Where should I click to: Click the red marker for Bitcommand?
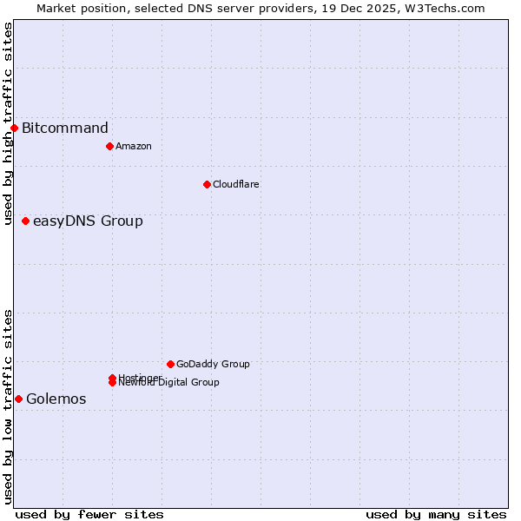click(14, 129)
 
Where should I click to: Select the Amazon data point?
click(109, 146)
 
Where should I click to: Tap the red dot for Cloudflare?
click(207, 184)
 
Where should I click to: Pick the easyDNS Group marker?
click(26, 221)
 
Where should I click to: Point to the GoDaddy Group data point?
click(170, 364)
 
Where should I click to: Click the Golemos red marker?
click(18, 399)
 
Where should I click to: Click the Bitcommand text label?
click(65, 129)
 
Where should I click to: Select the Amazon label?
click(134, 146)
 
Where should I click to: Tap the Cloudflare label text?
click(236, 184)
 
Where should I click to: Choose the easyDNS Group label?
click(88, 221)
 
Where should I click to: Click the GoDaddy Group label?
click(213, 364)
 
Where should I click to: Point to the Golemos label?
click(56, 399)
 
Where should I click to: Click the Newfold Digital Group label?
click(170, 383)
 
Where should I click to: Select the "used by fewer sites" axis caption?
click(89, 514)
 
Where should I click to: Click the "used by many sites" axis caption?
click(436, 514)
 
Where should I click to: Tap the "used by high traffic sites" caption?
click(9, 123)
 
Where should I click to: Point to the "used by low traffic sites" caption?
click(9, 406)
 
